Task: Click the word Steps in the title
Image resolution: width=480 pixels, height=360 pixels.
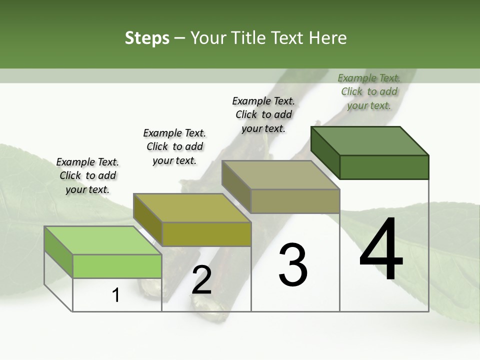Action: click(x=147, y=38)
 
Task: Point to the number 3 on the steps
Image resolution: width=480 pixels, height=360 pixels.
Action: click(x=292, y=265)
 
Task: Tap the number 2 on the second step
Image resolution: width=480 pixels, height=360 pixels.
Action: click(x=201, y=280)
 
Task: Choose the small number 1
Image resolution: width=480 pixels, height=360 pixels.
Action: click(x=116, y=295)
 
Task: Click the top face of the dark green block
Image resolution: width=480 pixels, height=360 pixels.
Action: click(x=370, y=140)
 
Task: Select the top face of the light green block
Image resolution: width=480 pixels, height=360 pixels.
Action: click(x=103, y=240)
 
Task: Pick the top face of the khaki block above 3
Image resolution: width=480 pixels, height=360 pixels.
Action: click(x=281, y=174)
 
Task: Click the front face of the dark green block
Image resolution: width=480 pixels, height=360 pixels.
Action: click(x=384, y=167)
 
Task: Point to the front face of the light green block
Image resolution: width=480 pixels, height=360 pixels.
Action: click(x=117, y=266)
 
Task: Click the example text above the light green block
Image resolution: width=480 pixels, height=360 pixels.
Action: click(x=87, y=175)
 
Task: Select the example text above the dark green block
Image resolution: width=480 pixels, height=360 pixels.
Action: click(x=369, y=91)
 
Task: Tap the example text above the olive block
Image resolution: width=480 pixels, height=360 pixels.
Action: click(x=174, y=146)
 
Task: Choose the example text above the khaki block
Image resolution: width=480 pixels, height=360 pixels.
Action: click(x=263, y=114)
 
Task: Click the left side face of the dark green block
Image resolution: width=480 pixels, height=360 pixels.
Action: click(x=325, y=152)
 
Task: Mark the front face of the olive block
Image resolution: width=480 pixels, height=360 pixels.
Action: click(x=206, y=234)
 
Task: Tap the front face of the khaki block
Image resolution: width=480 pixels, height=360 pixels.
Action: click(x=295, y=201)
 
